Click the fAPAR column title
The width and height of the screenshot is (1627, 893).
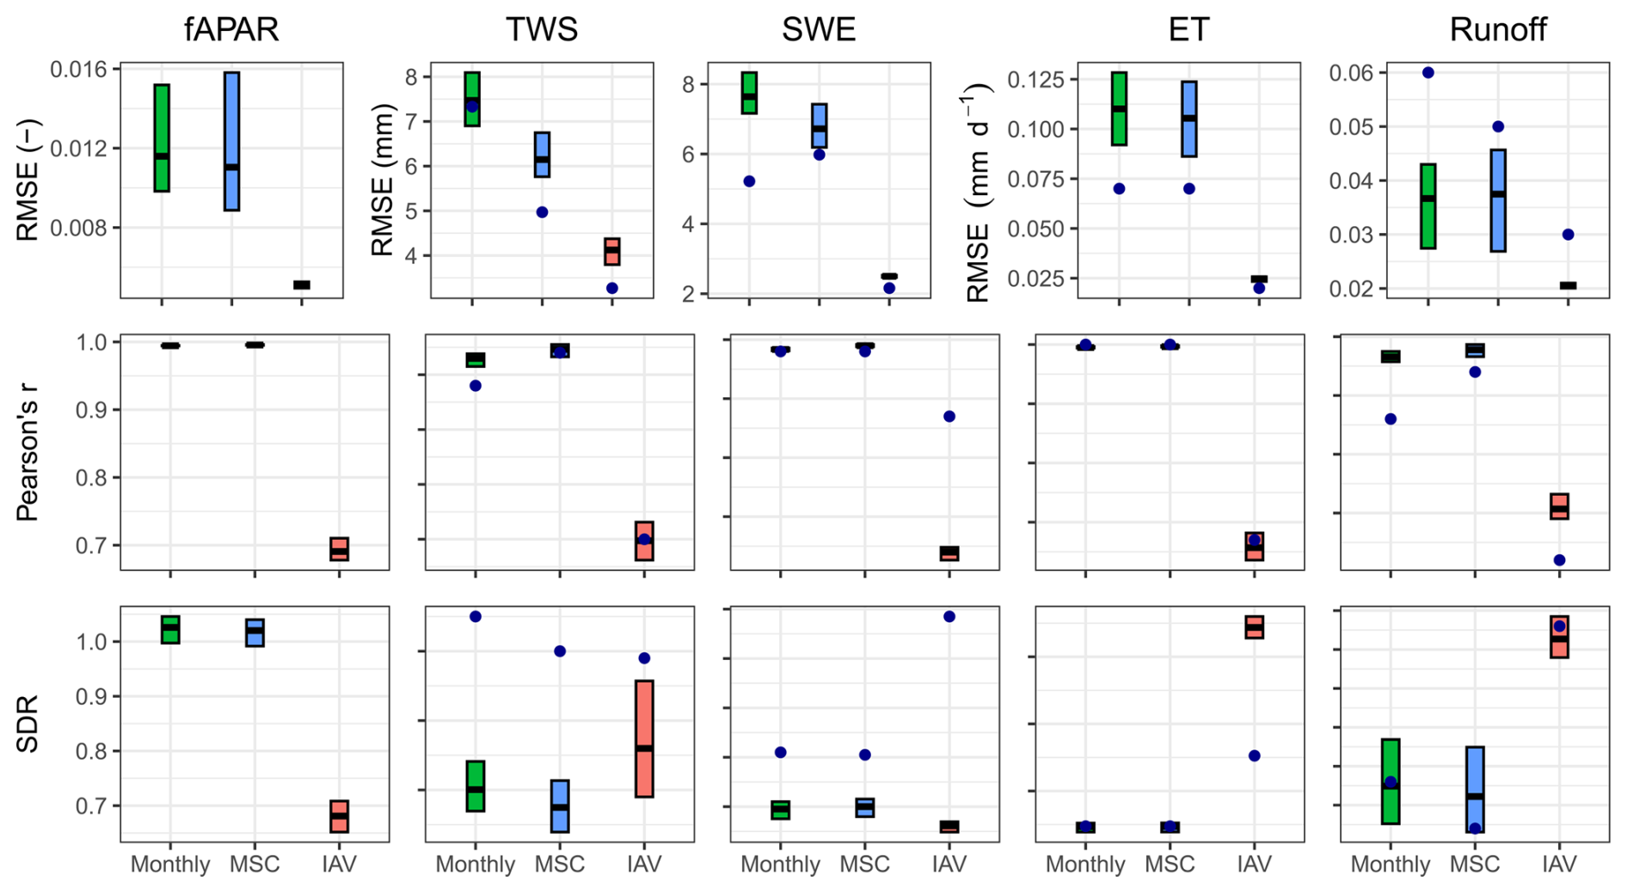click(231, 30)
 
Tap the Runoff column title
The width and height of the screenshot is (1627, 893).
click(1497, 30)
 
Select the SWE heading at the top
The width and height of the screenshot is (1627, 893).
click(818, 30)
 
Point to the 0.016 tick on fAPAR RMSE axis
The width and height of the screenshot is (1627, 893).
click(85, 70)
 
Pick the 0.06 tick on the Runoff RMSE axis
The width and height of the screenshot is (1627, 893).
click(1352, 73)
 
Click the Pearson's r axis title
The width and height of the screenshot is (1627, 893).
click(28, 452)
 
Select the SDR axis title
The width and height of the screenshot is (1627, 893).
click(28, 724)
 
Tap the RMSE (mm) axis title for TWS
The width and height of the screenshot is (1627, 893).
click(382, 180)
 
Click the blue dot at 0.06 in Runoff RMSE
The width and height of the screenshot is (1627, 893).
click(1428, 73)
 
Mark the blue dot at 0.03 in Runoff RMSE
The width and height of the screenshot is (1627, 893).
click(1568, 235)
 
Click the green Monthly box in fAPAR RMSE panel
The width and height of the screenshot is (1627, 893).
click(162, 138)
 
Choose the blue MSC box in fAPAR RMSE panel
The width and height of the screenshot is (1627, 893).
click(231, 141)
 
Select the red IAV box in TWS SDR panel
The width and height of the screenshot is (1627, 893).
click(644, 738)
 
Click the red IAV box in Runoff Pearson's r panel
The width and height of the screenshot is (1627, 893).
click(1559, 506)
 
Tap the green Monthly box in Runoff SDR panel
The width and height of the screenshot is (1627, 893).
click(1391, 781)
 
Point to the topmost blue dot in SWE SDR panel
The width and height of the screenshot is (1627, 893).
click(949, 616)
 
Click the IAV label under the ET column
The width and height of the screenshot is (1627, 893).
click(1254, 865)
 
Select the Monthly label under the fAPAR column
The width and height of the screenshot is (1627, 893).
click(170, 865)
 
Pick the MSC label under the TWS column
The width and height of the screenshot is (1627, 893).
click(560, 865)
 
